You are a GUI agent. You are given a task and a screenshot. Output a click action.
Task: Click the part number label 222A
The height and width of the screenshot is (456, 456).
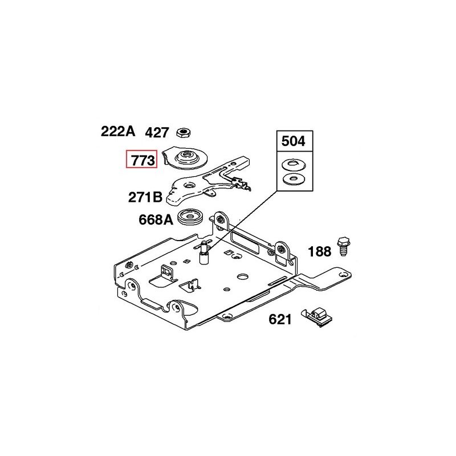tap(118, 132)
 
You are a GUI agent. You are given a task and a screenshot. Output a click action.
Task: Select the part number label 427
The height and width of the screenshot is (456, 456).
tap(157, 133)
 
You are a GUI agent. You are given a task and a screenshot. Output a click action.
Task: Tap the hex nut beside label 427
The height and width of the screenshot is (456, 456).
tap(184, 133)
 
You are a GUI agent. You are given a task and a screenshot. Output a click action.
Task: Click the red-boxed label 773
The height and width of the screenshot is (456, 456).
tap(141, 159)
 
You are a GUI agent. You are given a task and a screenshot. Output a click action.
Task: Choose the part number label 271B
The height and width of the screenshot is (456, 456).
tap(145, 197)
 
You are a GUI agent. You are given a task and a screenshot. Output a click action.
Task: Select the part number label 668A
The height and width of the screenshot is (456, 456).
tap(156, 219)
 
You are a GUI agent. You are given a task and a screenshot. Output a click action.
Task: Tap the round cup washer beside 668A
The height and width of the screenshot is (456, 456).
tap(190, 217)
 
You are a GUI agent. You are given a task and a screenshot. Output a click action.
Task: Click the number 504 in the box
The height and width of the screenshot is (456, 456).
tap(294, 141)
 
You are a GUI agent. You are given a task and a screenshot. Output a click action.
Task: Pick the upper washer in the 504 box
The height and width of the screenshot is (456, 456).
tap(294, 165)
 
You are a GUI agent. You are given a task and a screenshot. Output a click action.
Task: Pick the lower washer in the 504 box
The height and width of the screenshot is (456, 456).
tap(294, 178)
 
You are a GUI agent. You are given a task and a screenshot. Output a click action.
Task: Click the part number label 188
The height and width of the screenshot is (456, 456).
tap(319, 251)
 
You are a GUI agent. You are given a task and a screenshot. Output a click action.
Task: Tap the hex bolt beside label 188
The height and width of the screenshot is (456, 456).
tap(344, 246)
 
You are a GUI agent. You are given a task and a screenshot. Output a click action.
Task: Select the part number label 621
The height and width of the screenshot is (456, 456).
tap(280, 319)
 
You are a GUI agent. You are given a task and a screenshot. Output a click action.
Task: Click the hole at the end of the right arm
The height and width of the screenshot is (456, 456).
tap(345, 274)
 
